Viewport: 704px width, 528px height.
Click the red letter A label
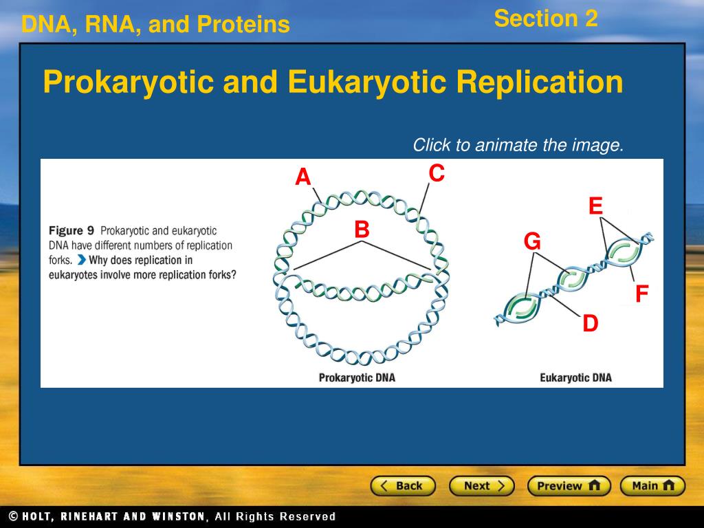(303, 177)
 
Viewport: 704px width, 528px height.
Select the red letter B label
(362, 229)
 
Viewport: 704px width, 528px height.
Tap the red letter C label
(437, 173)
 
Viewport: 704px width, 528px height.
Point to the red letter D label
(591, 323)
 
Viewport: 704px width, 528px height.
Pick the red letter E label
(596, 206)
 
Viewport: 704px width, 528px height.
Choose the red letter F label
(642, 294)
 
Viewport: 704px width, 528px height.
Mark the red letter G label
(533, 241)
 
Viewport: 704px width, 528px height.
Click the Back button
(403, 486)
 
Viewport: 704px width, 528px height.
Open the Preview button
(569, 486)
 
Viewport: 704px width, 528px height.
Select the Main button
(652, 486)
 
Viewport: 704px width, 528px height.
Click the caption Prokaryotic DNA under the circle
(357, 377)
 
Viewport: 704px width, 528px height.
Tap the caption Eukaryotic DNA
(575, 377)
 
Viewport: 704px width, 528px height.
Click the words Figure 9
(71, 231)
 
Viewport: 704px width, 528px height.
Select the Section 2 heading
(546, 19)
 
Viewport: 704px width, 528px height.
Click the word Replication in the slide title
(540, 82)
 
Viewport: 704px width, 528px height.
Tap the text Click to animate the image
(518, 145)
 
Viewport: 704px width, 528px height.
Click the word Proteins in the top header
(243, 24)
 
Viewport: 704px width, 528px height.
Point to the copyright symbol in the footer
(14, 516)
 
